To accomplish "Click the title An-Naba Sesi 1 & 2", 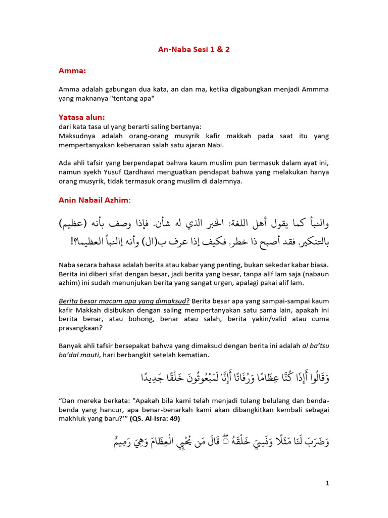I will (x=194, y=50).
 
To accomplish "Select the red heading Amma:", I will (x=72, y=72).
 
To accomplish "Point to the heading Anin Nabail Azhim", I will (x=94, y=200).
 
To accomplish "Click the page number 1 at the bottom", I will (x=327, y=483).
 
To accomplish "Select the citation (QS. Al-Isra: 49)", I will (x=155, y=418).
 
